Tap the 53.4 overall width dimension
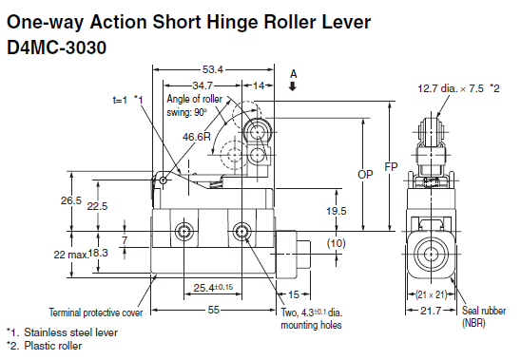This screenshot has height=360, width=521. tap(213, 69)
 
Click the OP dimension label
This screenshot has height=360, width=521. tap(365, 174)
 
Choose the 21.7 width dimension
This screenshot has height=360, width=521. tap(431, 311)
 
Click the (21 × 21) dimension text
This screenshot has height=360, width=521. tap(432, 293)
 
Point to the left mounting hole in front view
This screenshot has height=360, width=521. tap(183, 232)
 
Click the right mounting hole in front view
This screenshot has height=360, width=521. tap(242, 232)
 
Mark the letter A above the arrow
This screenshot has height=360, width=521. tap(293, 73)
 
